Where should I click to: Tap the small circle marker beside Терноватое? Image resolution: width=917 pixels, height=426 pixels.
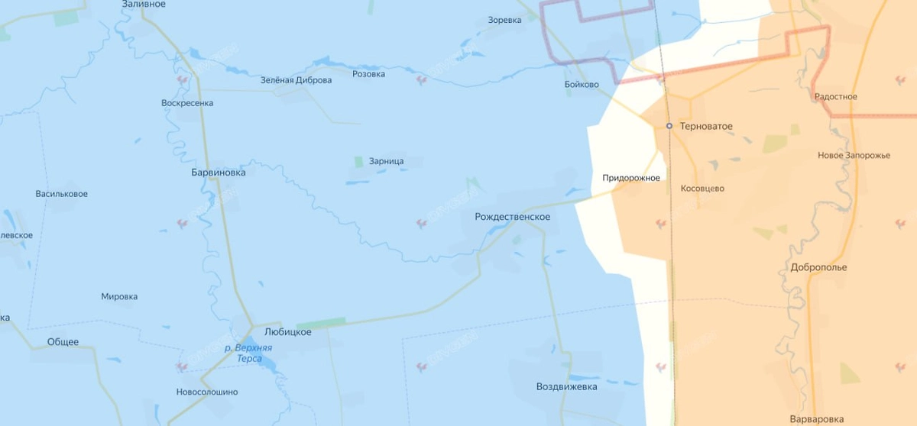coord(669,126)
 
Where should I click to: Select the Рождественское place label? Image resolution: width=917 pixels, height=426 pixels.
coord(512,217)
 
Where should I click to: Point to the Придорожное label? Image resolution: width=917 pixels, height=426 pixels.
coord(630,178)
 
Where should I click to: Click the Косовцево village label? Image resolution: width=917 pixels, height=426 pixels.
coord(702,189)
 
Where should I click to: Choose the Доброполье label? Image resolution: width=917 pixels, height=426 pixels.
coord(818,268)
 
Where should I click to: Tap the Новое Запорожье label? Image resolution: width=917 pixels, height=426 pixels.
coord(854,156)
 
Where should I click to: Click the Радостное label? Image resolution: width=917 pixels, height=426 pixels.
coord(835,97)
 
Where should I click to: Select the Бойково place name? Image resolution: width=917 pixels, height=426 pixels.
coord(581,85)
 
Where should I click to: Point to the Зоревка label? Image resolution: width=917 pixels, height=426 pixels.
coord(504,20)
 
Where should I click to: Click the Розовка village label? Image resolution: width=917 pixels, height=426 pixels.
coord(368,74)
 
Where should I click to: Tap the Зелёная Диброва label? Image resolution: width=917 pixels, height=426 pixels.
coord(296,80)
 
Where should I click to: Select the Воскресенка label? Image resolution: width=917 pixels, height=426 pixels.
coord(187,103)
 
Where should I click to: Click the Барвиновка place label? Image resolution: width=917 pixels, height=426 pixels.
coord(219,173)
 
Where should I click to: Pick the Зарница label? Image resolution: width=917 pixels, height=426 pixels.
coord(386,162)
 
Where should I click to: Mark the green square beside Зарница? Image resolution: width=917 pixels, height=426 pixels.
coord(358,162)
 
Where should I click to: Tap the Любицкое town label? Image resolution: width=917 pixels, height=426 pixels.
coord(287,333)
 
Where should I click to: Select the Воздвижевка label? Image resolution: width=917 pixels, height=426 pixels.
coord(566,387)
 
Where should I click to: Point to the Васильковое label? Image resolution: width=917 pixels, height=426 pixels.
coord(61,194)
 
